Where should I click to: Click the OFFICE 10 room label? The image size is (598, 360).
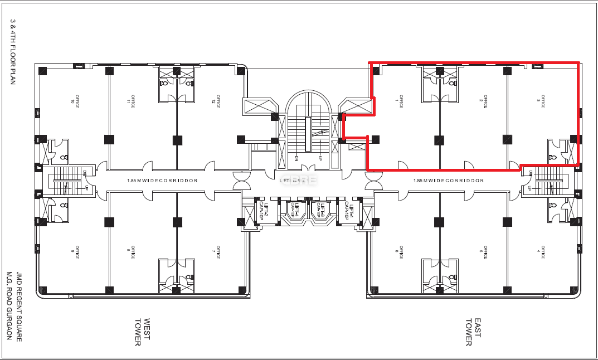pyautogui.click(x=73, y=100)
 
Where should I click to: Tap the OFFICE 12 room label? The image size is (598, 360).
pyautogui.click(x=215, y=100)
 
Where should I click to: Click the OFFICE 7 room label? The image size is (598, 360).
pyautogui.click(x=215, y=252)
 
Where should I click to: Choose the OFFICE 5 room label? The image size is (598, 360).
pyautogui.click(x=485, y=252)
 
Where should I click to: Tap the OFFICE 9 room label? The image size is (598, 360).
pyautogui.click(x=73, y=252)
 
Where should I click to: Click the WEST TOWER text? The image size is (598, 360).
pyautogui.click(x=143, y=332)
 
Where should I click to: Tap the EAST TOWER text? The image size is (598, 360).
pyautogui.click(x=473, y=332)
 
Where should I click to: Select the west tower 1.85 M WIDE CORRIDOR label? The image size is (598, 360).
pyautogui.click(x=163, y=181)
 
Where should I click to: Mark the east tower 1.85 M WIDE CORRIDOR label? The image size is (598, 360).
pyautogui.click(x=449, y=181)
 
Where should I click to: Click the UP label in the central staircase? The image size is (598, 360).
pyautogui.click(x=320, y=158)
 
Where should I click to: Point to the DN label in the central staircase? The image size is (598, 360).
pyautogui.click(x=296, y=158)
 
